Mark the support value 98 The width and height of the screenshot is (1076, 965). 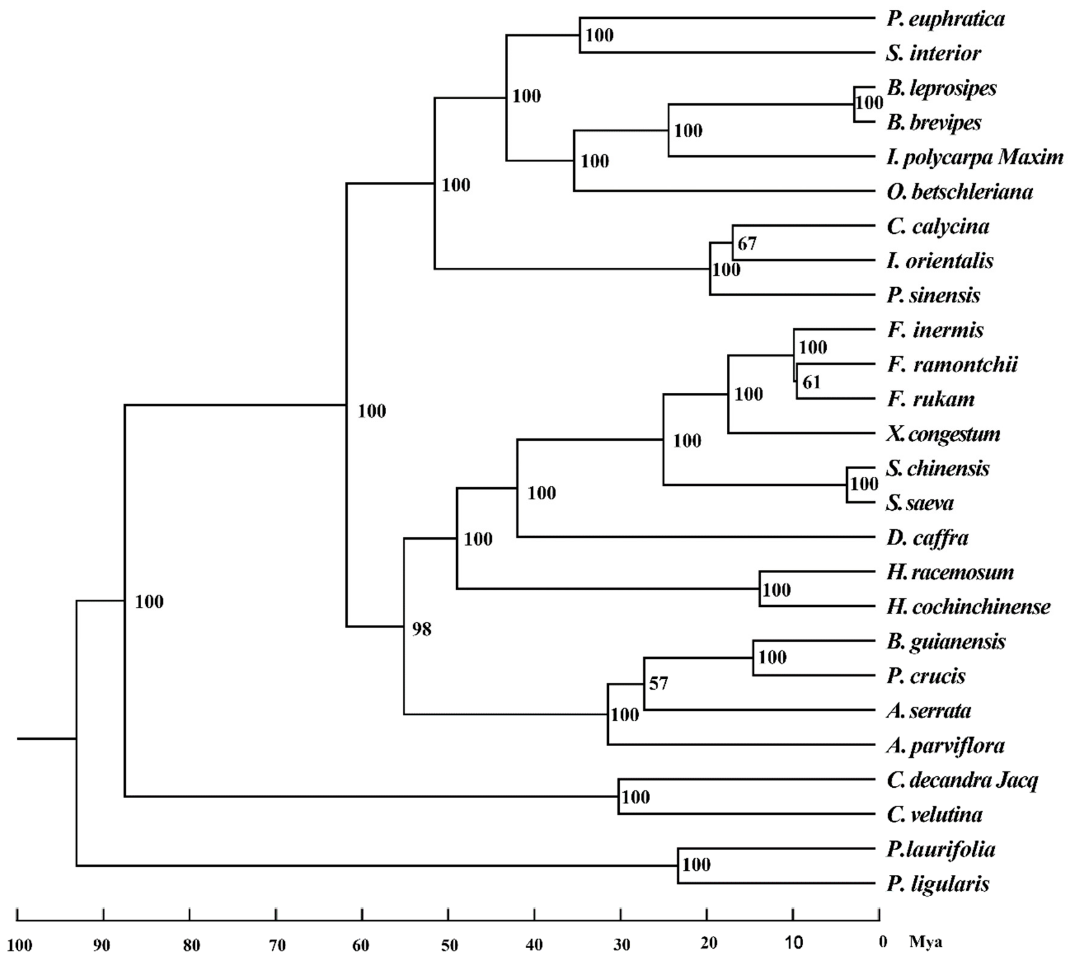(422, 630)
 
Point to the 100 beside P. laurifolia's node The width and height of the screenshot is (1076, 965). (696, 865)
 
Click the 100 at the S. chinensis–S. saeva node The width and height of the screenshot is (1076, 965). (864, 484)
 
